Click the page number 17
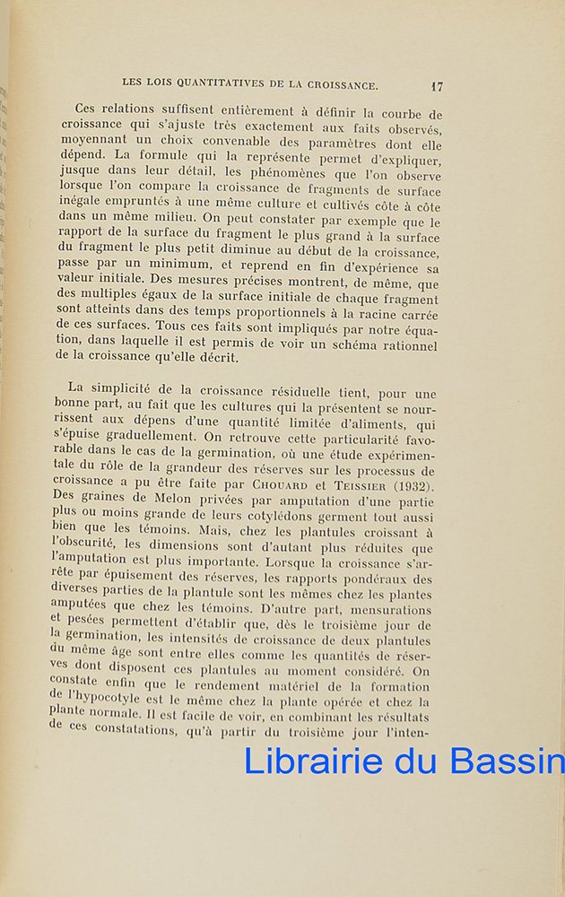point(437,87)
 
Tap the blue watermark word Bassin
point(508,760)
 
